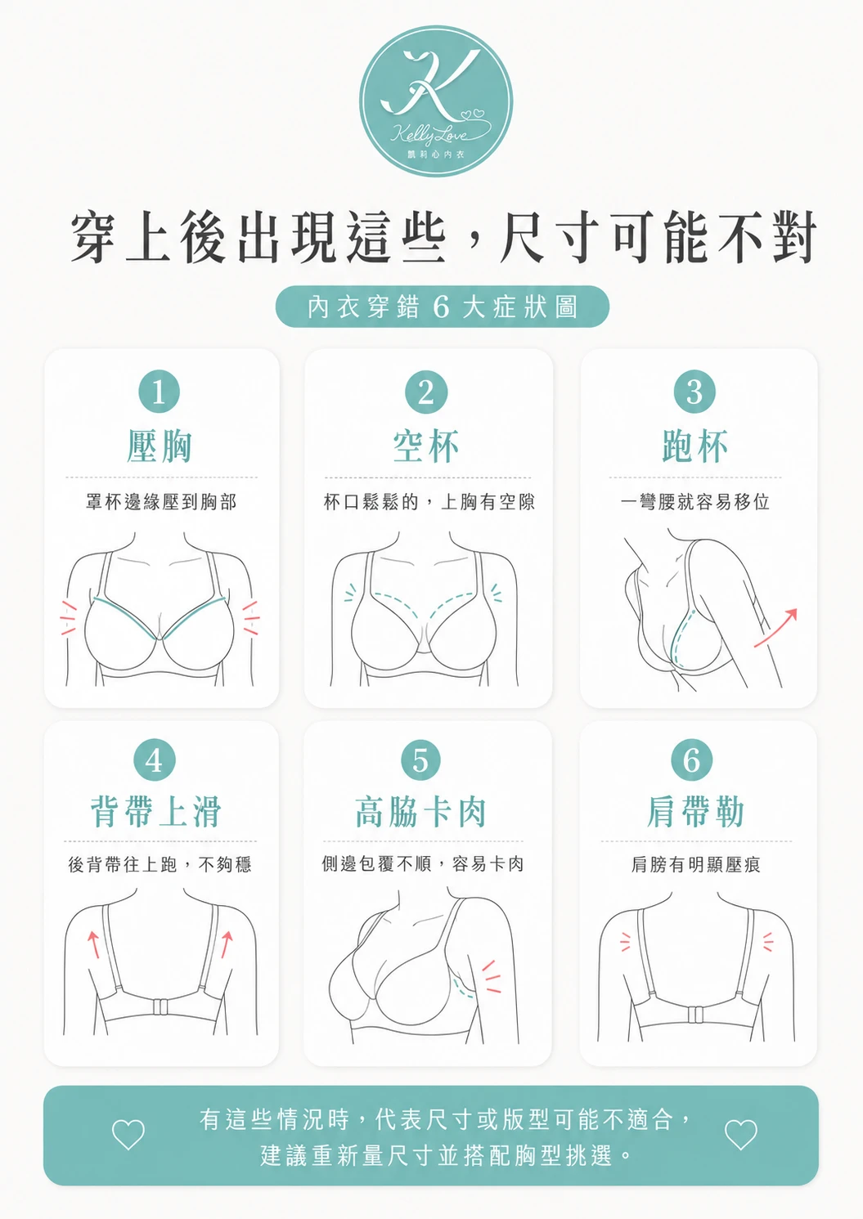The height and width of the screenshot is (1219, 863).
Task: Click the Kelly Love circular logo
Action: pos(436,101)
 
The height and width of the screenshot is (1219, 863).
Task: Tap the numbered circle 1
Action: pos(159,392)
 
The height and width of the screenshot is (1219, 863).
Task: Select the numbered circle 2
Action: pos(426,392)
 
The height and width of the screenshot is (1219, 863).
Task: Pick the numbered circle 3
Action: pos(694,392)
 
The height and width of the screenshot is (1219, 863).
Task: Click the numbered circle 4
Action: pos(155,760)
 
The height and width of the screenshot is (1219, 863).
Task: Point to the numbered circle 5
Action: pos(420,760)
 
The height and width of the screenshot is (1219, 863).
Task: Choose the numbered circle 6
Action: pos(691,760)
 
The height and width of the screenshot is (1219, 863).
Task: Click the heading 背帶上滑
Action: pos(156,811)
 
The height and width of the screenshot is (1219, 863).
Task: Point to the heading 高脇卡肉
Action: pos(421,811)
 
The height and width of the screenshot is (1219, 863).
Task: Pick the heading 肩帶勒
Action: pos(695,811)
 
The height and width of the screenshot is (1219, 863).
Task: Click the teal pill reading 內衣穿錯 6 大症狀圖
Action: pos(442,307)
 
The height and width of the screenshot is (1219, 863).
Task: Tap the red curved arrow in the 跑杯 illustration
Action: pos(775,628)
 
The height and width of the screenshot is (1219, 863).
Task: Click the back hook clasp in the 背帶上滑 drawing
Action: pos(159,1007)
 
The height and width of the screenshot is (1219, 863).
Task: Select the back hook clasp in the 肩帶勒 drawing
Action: pos(694,1015)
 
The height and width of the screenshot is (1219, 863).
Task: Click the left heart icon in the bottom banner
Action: pos(128,1135)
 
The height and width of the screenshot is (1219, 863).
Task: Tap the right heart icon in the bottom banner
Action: pos(741,1135)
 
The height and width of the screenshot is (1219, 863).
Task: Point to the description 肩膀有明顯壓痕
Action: pos(695,864)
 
